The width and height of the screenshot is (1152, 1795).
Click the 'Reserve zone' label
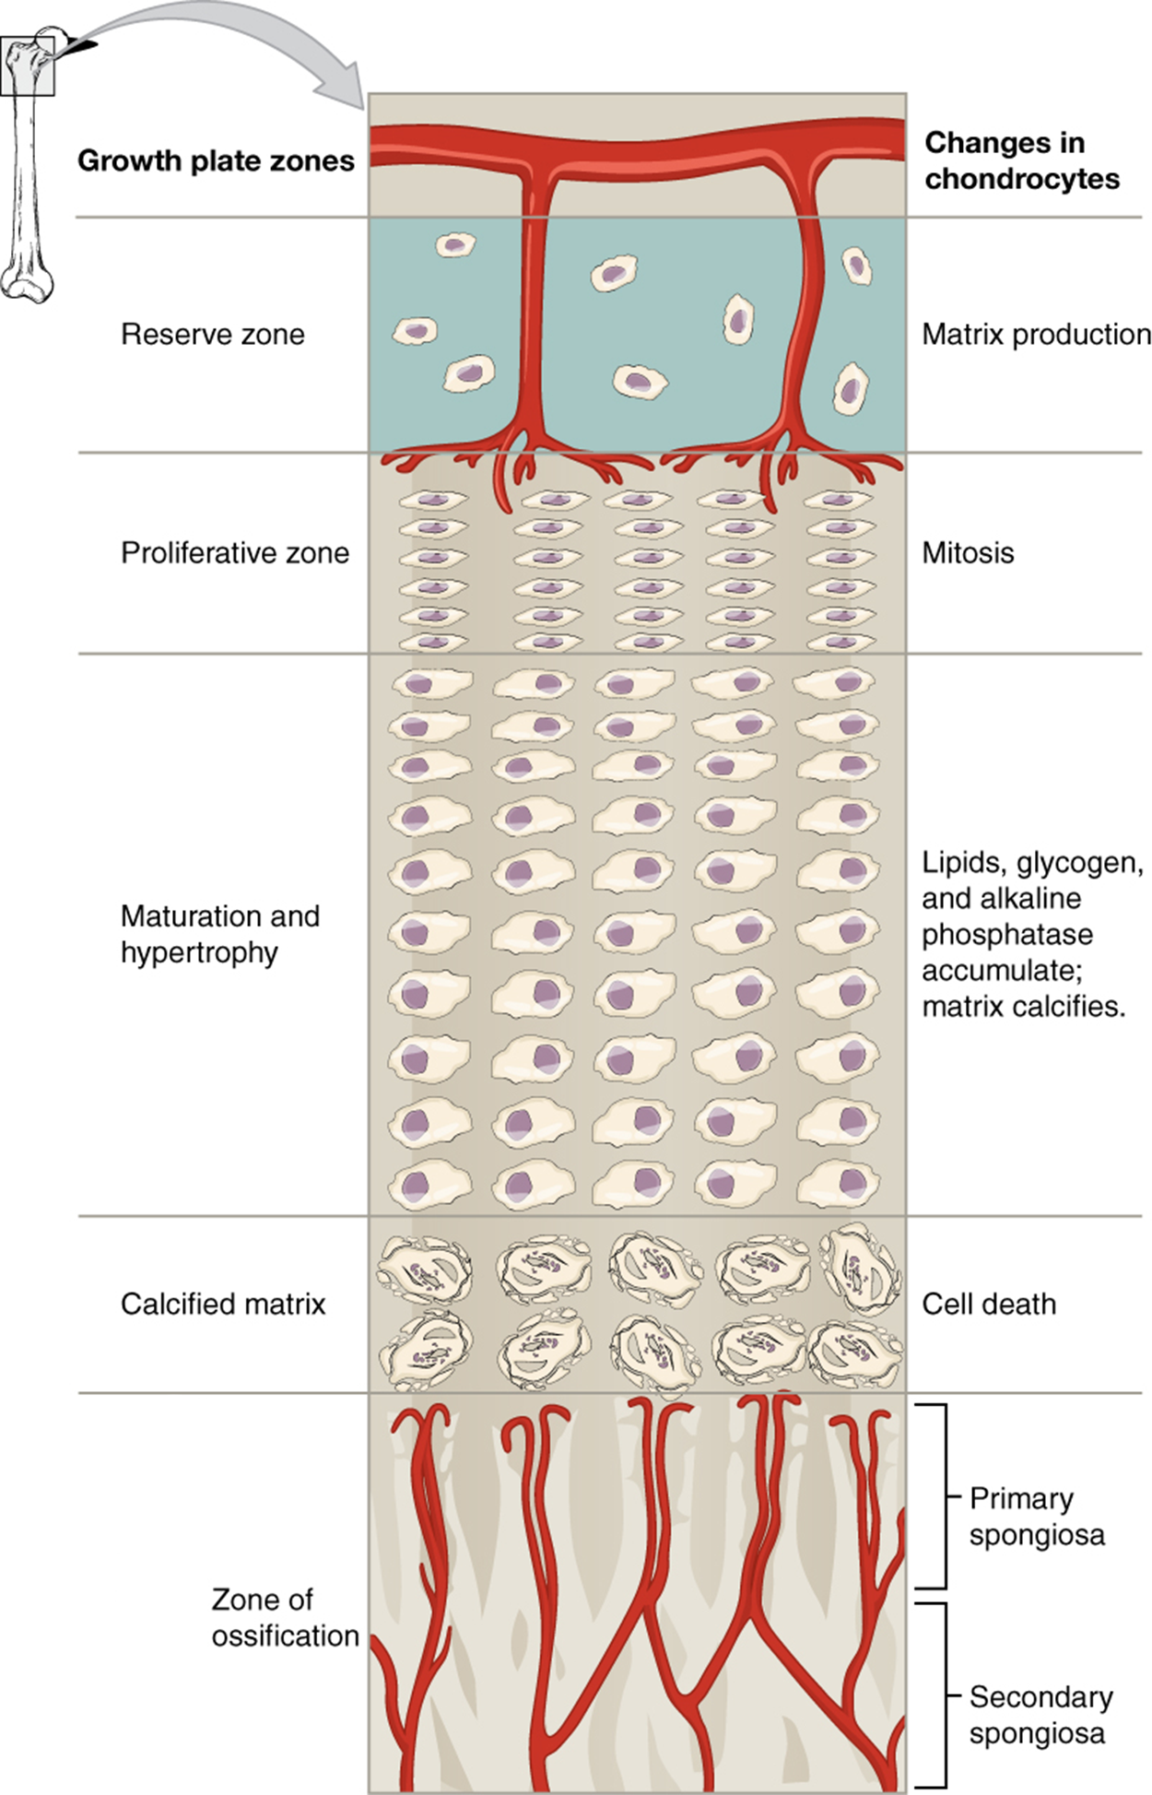point(212,334)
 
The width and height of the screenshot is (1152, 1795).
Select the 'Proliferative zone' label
point(235,553)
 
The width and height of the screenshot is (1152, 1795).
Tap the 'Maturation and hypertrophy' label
point(219,934)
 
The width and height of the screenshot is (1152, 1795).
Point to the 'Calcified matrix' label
point(223,1304)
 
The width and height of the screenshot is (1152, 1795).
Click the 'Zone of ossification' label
point(285,1617)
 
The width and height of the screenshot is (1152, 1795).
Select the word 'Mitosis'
point(968,553)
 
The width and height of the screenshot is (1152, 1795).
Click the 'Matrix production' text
point(1036,334)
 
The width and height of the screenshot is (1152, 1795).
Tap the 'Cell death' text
point(989,1304)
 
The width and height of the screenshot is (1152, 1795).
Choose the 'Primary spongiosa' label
point(1036,1517)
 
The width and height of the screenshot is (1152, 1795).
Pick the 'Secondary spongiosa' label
point(1040,1715)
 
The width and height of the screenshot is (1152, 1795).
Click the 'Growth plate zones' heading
point(216,160)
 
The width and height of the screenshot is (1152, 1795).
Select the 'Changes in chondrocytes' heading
point(1021,160)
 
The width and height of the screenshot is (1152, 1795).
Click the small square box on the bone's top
point(28,66)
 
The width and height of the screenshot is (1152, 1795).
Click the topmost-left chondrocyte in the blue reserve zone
point(455,245)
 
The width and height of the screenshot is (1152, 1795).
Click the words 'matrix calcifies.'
point(1023,1006)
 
